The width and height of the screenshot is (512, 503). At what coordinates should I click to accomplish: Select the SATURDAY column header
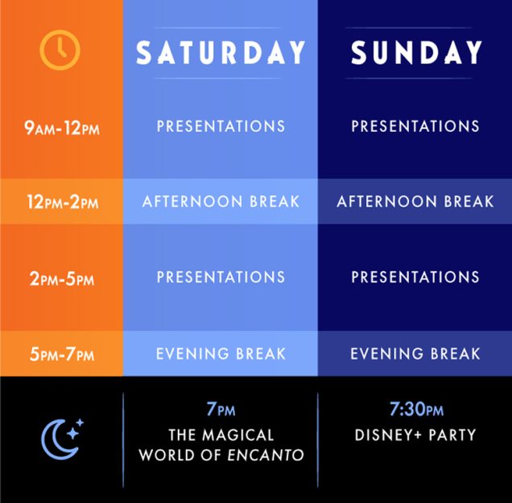point(221,52)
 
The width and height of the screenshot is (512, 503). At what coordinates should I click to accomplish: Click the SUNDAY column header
point(416,52)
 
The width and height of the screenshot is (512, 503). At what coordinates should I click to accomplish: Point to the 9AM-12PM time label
point(62,128)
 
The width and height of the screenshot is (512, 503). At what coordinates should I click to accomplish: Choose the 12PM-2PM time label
point(62,202)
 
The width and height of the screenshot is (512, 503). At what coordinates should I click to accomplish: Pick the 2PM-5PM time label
point(62,279)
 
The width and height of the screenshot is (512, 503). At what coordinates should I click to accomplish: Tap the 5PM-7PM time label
point(62,354)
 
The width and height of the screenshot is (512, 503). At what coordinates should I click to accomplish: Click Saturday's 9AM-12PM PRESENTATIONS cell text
point(221,126)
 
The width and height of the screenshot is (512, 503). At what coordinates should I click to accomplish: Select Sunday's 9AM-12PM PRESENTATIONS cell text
point(415,126)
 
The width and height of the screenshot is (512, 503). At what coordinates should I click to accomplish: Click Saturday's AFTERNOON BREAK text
point(221,201)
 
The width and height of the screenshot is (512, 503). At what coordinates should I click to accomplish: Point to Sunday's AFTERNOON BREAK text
point(415,201)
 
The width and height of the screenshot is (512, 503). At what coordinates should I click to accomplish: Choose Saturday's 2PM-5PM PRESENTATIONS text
point(221,277)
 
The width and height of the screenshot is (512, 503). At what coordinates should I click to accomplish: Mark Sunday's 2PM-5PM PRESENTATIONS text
point(415,277)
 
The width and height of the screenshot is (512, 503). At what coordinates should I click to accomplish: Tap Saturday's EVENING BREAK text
point(221,354)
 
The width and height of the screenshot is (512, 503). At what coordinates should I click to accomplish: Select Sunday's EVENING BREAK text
point(415,354)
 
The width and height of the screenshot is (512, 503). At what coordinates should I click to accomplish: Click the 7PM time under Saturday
point(221,409)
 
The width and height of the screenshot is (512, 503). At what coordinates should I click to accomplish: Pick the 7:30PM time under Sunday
point(416,409)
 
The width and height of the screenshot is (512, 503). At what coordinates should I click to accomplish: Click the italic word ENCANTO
point(266,455)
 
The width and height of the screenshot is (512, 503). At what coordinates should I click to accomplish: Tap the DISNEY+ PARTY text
point(415,435)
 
